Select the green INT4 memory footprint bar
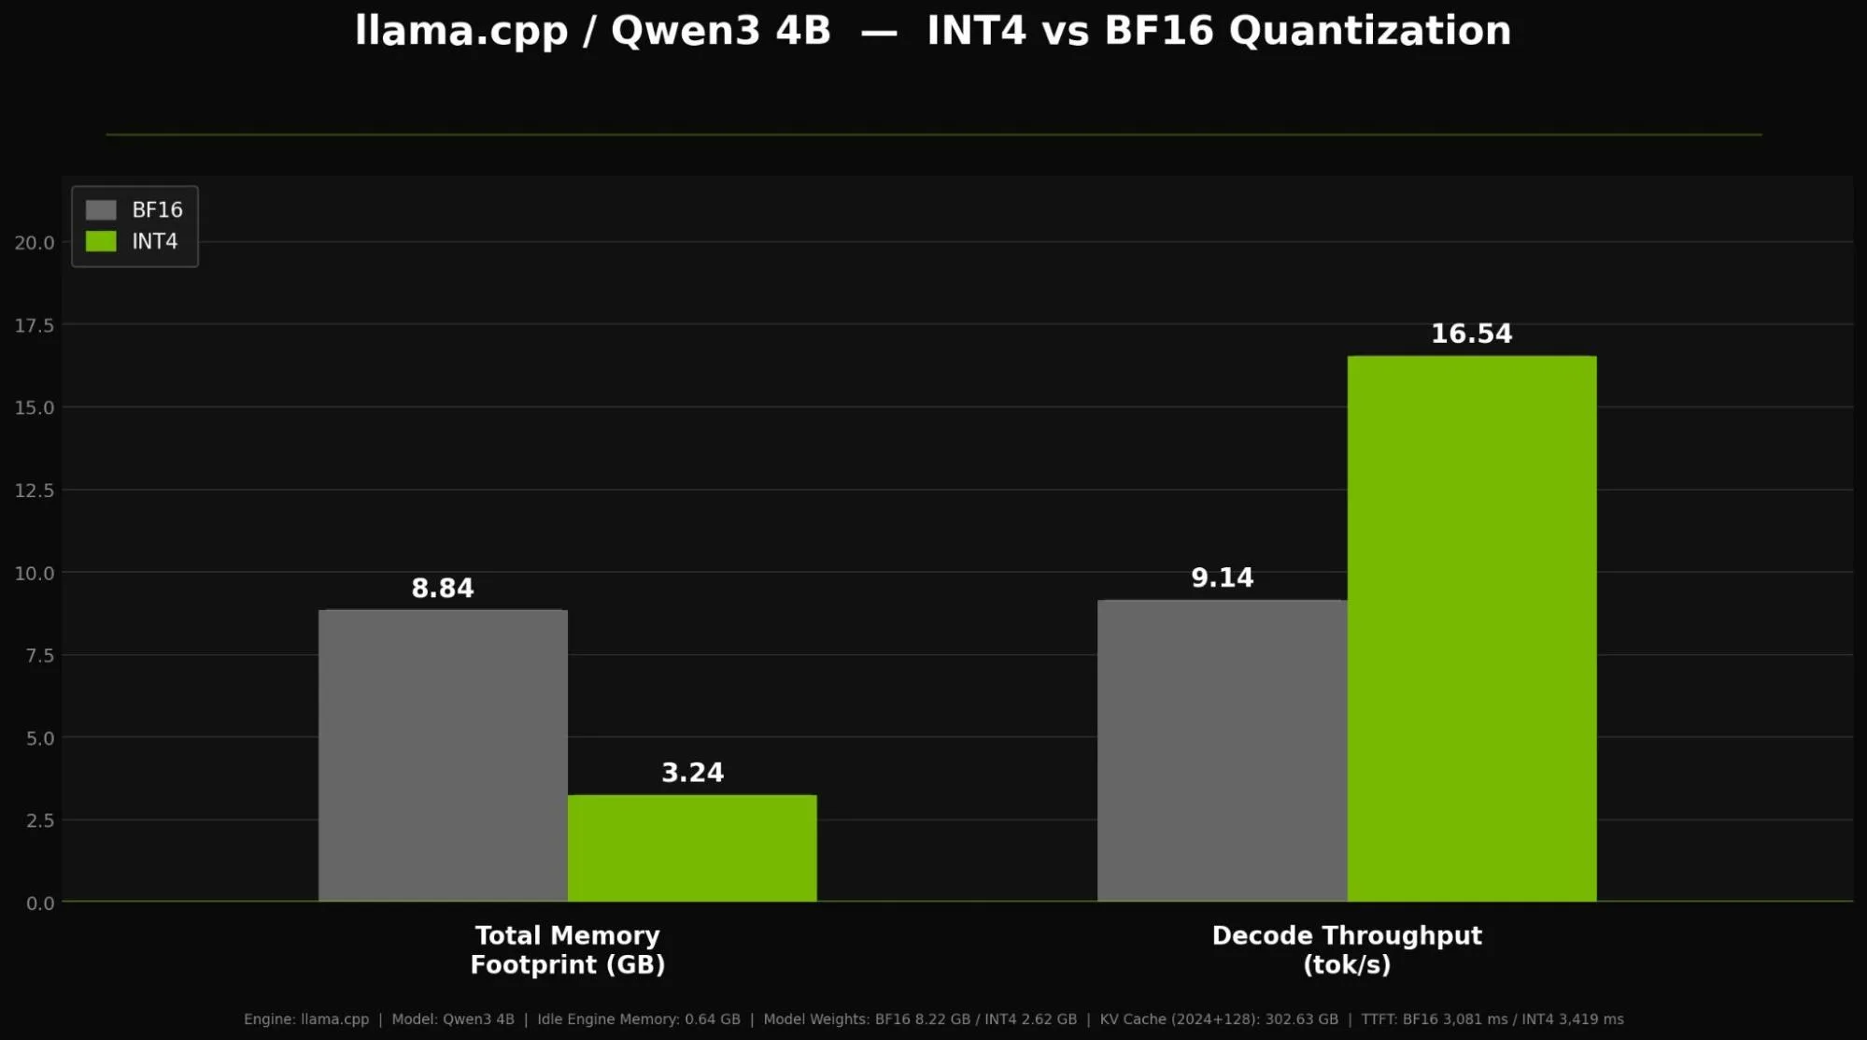click(x=692, y=848)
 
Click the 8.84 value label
click(x=443, y=589)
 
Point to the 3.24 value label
click(x=692, y=773)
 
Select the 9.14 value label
click(x=1222, y=578)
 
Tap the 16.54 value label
click(x=1471, y=335)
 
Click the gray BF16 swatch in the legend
click(x=101, y=210)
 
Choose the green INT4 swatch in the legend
click(x=101, y=242)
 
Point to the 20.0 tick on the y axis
click(x=35, y=243)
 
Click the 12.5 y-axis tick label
click(x=35, y=491)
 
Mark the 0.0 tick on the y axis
click(x=40, y=904)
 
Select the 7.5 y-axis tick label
click(x=40, y=656)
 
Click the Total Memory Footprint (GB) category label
click(x=567, y=950)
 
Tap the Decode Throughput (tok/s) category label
click(x=1346, y=950)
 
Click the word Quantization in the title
click(x=1369, y=31)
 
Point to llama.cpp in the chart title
click(x=461, y=31)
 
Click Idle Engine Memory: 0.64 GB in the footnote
click(x=639, y=1019)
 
